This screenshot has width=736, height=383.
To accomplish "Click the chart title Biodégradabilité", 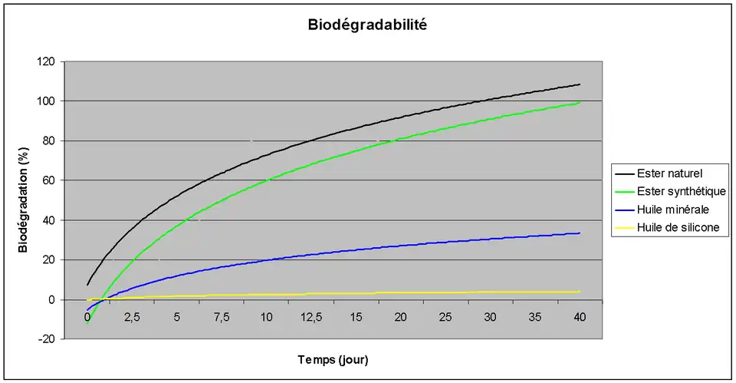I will [367, 25].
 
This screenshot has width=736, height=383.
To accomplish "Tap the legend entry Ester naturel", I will [670, 173].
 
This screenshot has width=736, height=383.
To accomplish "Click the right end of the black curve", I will [580, 84].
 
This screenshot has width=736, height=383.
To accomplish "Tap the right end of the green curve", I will [580, 103].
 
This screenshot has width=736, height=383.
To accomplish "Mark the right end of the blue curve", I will [580, 233].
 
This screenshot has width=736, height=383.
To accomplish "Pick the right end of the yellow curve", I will [580, 292].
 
